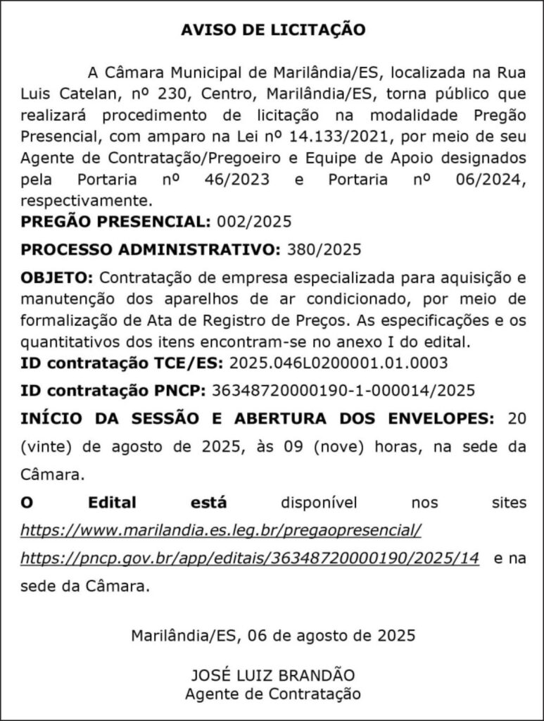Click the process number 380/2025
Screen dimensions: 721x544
click(322, 250)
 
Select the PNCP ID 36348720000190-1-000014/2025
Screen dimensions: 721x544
click(343, 391)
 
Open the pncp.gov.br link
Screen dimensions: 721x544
click(250, 558)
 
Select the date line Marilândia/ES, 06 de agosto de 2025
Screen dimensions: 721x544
click(273, 634)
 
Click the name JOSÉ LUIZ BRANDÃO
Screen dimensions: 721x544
click(273, 675)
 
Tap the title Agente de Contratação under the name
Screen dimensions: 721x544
click(273, 694)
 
